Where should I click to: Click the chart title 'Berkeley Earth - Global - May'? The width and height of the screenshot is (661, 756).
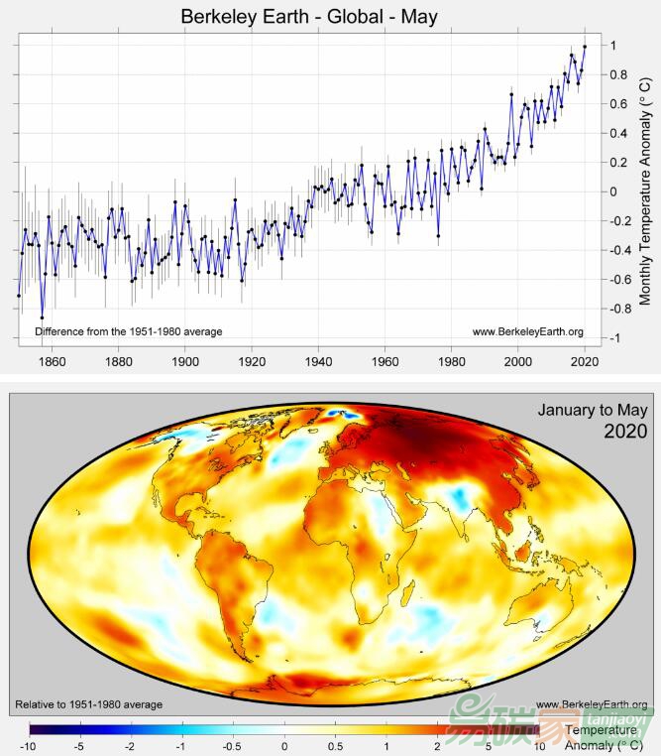308,17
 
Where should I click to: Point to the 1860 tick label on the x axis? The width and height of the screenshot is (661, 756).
52,361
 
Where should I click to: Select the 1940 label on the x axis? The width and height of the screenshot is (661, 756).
318,361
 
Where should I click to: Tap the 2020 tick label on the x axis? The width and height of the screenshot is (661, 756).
585,361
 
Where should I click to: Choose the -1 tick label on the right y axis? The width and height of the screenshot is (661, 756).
616,338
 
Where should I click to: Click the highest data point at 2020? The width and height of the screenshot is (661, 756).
585,46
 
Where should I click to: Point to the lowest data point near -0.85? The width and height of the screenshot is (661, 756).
42,317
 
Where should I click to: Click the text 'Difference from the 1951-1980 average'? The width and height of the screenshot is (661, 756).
128,331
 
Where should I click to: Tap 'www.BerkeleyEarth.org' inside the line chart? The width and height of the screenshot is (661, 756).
527,331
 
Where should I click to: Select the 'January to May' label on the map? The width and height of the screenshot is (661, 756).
593,410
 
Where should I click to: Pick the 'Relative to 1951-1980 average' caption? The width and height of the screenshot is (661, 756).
89,704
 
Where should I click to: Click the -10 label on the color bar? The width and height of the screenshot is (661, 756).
28,745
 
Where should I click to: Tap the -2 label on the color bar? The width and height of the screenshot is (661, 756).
130,745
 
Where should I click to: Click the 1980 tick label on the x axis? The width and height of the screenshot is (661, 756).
452,361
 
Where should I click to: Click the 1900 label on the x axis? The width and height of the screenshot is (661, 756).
185,361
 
